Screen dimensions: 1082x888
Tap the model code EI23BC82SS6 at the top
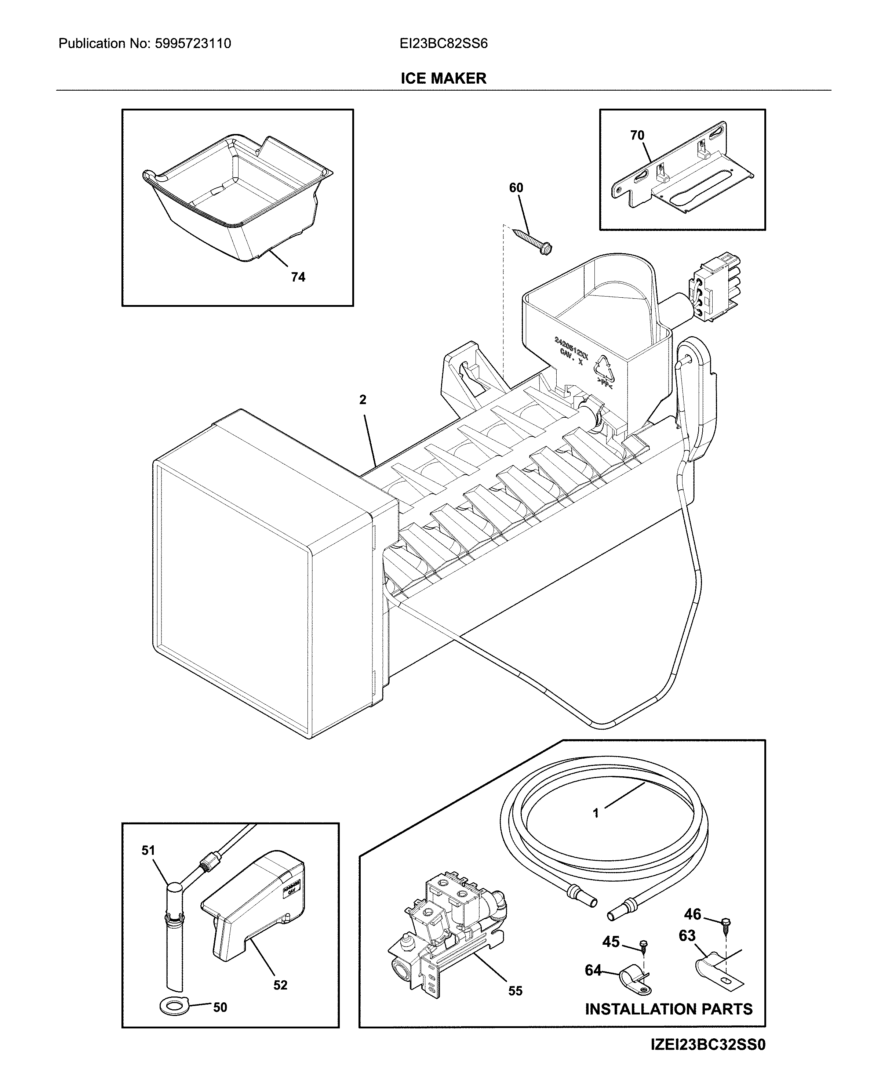[x=444, y=43]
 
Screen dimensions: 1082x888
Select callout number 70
[x=637, y=135]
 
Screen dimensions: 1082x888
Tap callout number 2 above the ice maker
[x=363, y=400]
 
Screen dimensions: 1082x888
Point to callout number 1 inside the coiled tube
[x=596, y=813]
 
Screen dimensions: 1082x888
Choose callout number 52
[x=280, y=985]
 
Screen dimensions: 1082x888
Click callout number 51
[x=148, y=850]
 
